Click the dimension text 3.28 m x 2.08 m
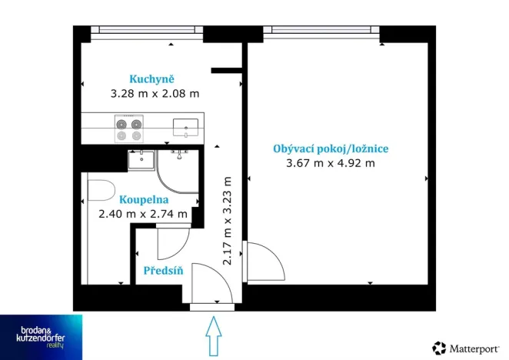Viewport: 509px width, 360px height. [x=155, y=94]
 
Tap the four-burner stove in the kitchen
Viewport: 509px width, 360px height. [x=128, y=129]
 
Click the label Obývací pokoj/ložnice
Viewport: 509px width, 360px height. [x=330, y=148]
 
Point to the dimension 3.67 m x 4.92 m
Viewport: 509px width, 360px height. [x=330, y=163]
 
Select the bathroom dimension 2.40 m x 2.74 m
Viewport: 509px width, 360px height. [x=143, y=214]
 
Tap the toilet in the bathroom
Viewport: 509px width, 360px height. [x=100, y=191]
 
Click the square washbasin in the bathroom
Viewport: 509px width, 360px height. [x=141, y=161]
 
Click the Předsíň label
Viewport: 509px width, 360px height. [x=162, y=271]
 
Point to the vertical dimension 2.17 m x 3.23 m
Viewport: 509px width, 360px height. [x=227, y=221]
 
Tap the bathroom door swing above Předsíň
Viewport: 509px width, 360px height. [x=172, y=243]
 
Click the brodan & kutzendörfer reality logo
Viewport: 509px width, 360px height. [x=41, y=336]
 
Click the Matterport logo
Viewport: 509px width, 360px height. [x=466, y=348]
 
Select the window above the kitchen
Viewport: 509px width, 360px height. [x=146, y=32]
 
